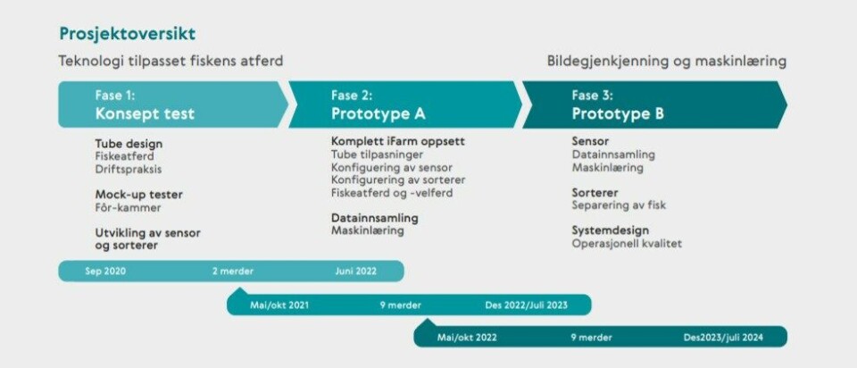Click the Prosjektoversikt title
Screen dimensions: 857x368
[128, 35]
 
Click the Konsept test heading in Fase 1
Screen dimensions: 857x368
[145, 114]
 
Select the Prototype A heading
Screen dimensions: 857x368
[379, 114]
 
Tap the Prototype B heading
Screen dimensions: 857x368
[618, 114]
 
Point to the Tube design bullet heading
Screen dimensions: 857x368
[129, 145]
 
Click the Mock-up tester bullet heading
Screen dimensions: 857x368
[139, 195]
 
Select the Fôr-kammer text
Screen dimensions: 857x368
[128, 208]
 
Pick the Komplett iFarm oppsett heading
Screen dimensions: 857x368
[398, 142]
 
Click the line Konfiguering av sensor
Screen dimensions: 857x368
[392, 167]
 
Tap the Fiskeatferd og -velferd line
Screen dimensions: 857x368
[392, 193]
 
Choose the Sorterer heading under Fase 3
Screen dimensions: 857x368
[595, 193]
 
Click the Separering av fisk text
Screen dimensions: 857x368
[619, 205]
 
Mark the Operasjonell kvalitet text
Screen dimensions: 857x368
[627, 244]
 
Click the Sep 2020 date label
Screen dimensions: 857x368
[105, 272]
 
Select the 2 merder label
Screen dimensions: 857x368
[233, 272]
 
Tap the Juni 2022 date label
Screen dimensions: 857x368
[356, 272]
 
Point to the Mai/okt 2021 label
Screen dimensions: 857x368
[279, 305]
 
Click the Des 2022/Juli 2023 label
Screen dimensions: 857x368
[527, 305]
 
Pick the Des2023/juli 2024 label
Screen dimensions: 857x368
[723, 338]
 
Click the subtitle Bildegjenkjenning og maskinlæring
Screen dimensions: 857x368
[667, 62]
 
